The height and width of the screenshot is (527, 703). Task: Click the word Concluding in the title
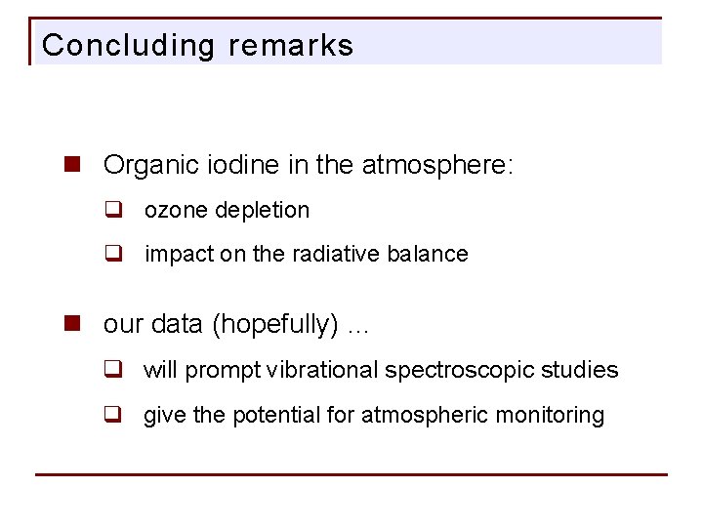coord(128,46)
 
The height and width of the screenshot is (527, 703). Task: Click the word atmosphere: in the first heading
coord(436,165)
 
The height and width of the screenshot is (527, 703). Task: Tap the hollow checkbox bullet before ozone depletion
coord(113,210)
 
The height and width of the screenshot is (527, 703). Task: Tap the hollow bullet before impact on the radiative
coord(113,254)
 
